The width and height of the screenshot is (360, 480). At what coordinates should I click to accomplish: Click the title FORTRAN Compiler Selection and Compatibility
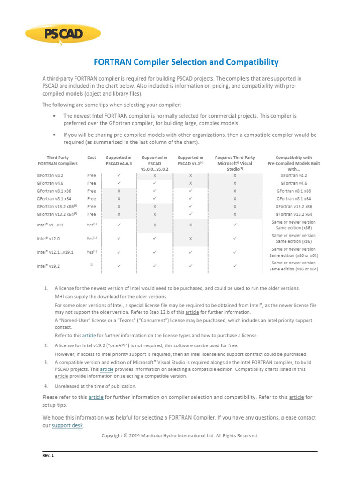pos(186,62)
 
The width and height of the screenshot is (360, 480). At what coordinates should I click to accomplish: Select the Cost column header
pos(91,158)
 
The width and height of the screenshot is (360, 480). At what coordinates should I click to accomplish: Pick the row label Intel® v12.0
pos(49,239)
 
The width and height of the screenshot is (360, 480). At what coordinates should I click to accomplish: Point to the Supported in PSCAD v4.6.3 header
pos(119,161)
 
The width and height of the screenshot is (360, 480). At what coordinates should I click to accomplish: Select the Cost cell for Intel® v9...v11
pos(91,225)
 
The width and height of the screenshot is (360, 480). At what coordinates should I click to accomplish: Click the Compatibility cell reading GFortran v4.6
pos(293,183)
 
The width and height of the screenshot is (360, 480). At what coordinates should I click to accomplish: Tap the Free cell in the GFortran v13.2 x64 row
pos(91,215)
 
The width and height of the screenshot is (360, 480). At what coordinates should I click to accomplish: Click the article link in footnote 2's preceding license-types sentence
pos(89,336)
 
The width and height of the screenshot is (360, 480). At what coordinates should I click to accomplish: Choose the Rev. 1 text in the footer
pos(48,455)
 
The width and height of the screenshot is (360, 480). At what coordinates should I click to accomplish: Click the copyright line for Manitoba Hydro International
pos(180,435)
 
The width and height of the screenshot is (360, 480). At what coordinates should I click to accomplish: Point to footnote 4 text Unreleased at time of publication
pos(95,386)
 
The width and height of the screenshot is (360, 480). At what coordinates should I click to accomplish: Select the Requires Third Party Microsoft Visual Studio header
pos(234,163)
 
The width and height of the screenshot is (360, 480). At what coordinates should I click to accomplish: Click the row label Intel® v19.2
pos(49,266)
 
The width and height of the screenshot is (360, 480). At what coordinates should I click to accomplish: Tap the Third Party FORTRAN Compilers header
pos(58,161)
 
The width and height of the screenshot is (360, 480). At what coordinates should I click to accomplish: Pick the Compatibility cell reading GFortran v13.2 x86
pos(293,207)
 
